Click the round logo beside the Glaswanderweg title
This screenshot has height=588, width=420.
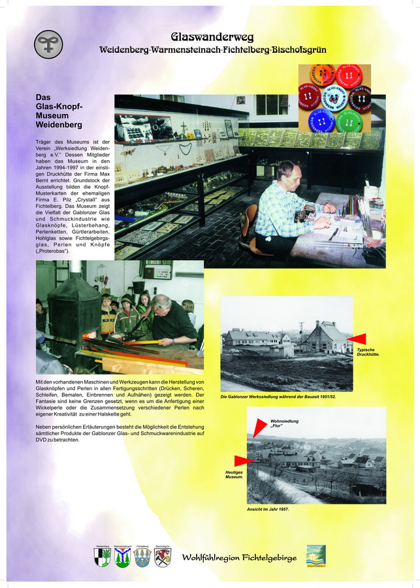(x=48, y=44)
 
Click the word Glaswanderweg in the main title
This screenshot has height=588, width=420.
(x=212, y=37)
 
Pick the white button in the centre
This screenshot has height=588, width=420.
(x=334, y=98)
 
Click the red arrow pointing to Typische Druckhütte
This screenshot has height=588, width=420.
(x=357, y=338)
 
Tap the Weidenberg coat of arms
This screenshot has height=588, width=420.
(x=103, y=557)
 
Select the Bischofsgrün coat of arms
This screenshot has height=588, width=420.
(x=163, y=557)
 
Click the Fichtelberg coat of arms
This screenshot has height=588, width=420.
(x=142, y=557)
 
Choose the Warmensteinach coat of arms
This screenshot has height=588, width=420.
(x=122, y=557)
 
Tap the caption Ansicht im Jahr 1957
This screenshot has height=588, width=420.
(x=267, y=508)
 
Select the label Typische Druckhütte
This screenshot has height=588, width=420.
(x=368, y=352)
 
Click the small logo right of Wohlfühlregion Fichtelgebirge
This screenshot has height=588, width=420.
(x=315, y=555)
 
